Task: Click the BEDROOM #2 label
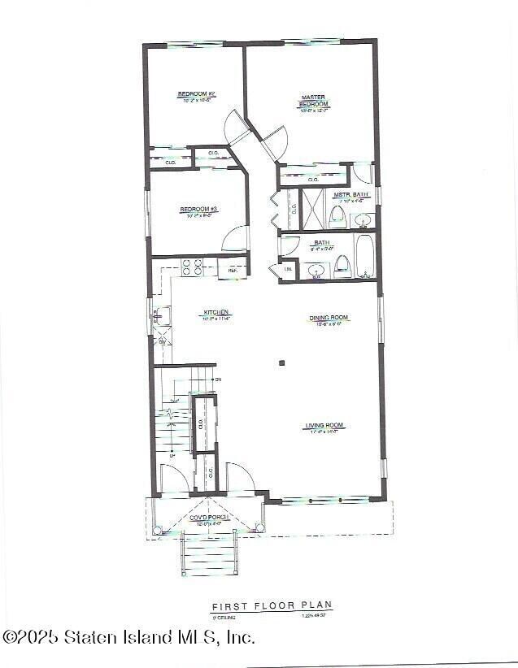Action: (196, 94)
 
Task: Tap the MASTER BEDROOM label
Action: (314, 100)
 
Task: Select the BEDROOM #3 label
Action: (195, 210)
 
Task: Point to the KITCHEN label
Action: (217, 313)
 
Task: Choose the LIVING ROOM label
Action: (324, 426)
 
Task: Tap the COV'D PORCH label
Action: (209, 518)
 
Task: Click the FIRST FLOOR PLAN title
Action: (272, 606)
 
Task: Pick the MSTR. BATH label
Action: (351, 195)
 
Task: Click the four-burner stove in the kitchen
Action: (192, 268)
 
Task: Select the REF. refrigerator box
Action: (232, 270)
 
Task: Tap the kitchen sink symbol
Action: (161, 314)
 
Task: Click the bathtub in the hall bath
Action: (363, 257)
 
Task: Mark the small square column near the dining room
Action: (281, 363)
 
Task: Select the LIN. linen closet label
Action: (288, 270)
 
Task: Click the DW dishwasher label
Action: (163, 341)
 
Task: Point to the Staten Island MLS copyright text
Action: (128, 637)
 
